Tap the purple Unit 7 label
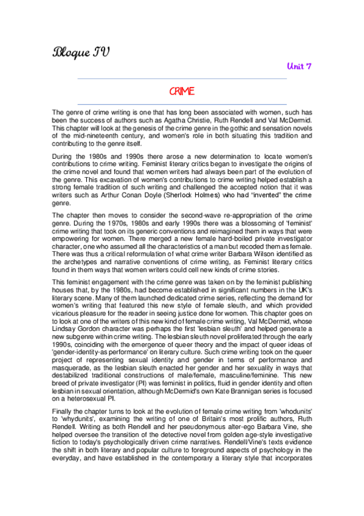[299, 66]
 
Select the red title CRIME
[182, 91]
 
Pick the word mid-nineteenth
[91, 136]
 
